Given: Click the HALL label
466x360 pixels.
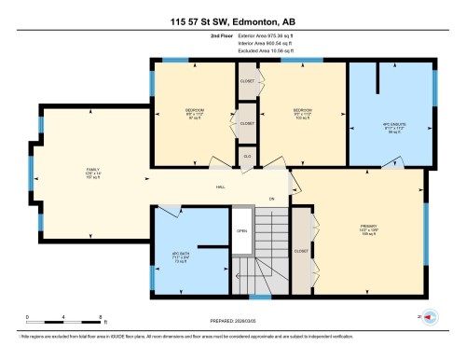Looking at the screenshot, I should (221, 187).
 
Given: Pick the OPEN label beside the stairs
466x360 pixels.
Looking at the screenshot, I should (240, 230).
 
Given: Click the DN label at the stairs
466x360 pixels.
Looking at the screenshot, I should (272, 199).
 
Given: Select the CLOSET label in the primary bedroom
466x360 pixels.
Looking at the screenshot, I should (301, 251).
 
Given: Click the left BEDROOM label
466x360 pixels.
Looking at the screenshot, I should (195, 113).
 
